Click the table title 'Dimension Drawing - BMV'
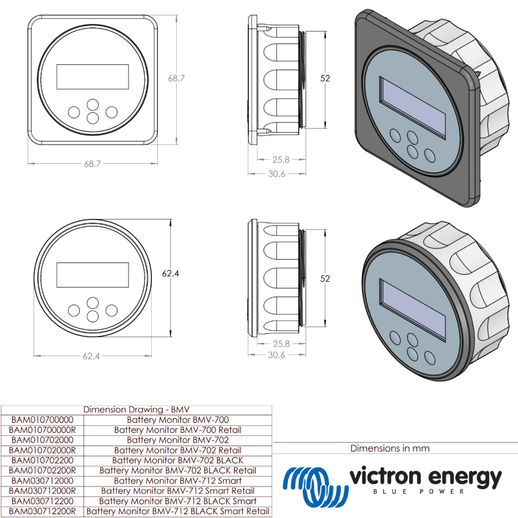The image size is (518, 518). [x=136, y=410]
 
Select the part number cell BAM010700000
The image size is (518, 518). [x=42, y=420]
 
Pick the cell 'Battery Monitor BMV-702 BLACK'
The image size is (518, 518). [x=178, y=460]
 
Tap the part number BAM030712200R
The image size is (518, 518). [x=42, y=511]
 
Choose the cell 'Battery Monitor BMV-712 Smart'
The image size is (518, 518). [x=178, y=481]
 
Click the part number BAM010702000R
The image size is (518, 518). [x=42, y=450]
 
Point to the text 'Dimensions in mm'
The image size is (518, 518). [x=390, y=448]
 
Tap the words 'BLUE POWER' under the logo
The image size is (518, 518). [x=418, y=491]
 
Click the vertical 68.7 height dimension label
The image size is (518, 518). [x=177, y=78]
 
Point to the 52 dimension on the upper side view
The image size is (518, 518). [x=325, y=78]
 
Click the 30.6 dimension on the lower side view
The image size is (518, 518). [x=276, y=355]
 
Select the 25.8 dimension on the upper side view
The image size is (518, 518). [x=281, y=160]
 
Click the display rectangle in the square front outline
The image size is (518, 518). [x=93, y=76]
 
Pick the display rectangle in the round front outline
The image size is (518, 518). [x=93, y=275]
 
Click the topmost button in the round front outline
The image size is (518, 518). [x=93, y=303]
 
